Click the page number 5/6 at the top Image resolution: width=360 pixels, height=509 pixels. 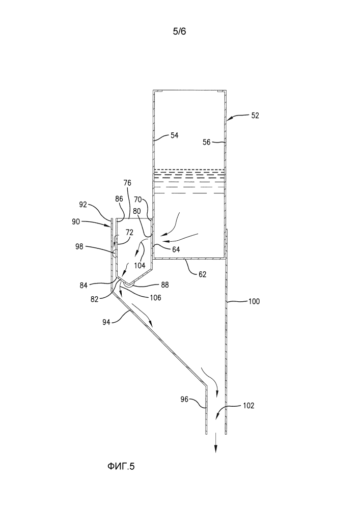point(180,32)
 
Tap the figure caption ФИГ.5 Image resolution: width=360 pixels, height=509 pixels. point(122,466)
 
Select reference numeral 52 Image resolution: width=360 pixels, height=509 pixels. point(255,116)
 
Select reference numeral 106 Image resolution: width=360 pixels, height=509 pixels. point(156,297)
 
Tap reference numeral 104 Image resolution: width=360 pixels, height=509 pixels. point(140,265)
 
